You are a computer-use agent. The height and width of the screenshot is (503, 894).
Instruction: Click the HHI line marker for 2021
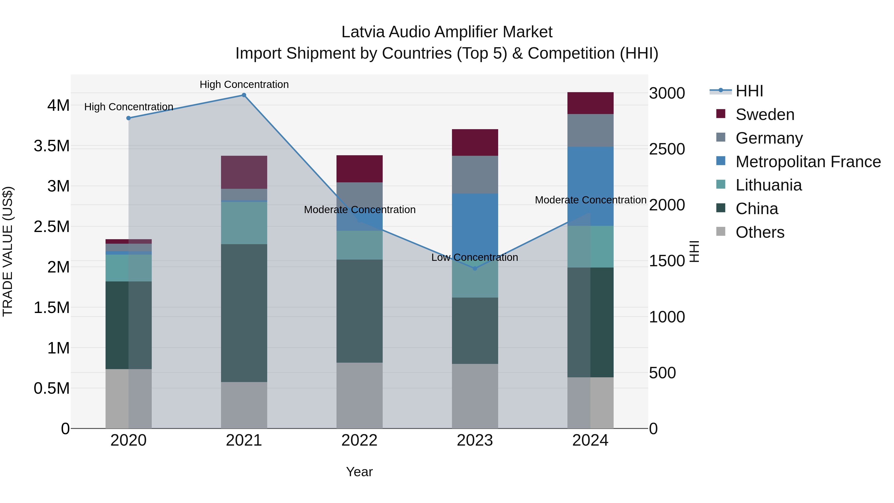[x=244, y=95]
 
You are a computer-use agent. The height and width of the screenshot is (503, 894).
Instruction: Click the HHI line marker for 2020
[x=128, y=118]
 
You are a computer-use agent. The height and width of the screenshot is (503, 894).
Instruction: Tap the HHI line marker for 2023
[x=475, y=268]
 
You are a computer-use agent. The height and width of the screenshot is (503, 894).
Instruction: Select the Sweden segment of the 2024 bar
[x=590, y=103]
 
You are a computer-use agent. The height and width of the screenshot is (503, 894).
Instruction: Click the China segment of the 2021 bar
[x=244, y=312]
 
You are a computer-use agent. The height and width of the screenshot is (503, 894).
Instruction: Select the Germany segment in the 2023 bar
[x=475, y=174]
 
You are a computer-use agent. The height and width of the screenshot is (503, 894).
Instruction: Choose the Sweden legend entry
[x=765, y=115]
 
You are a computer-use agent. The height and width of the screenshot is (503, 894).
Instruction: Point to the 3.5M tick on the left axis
[x=51, y=146]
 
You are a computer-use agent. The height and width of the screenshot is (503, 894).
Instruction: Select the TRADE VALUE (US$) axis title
[x=8, y=251]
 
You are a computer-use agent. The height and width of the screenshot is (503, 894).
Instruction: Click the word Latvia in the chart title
[x=363, y=32]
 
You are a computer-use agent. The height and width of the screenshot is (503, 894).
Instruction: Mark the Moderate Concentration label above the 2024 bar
[x=590, y=200]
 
